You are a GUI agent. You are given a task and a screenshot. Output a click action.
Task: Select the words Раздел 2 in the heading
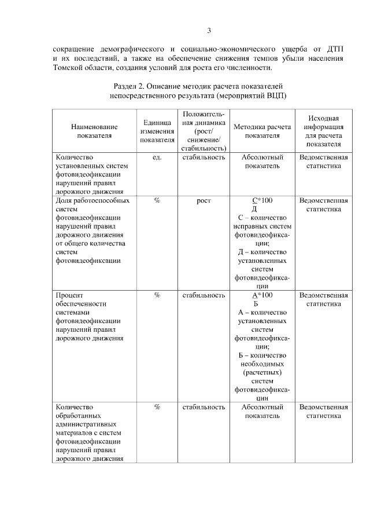[x=131, y=86]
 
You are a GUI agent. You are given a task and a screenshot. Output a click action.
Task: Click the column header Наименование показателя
[x=94, y=131]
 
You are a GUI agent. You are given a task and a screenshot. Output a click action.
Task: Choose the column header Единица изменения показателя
[x=157, y=131]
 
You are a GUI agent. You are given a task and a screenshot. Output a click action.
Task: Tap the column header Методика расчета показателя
[x=261, y=131]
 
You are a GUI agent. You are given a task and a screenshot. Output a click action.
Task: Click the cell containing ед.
[x=157, y=157]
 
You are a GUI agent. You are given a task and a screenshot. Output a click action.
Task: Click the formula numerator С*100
[x=261, y=200]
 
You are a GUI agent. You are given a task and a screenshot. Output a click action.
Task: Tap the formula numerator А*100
[x=261, y=295]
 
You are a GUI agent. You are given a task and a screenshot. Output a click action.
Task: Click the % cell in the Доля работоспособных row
[x=157, y=200]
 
